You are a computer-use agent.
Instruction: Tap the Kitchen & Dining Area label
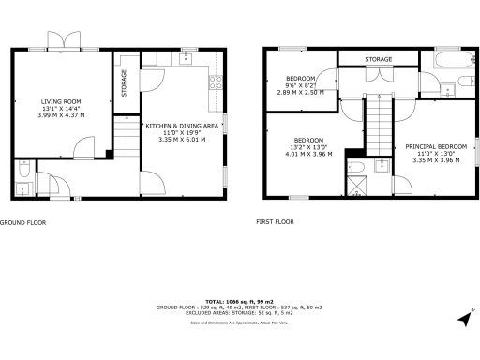(x=182, y=125)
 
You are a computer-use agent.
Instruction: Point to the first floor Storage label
(x=379, y=59)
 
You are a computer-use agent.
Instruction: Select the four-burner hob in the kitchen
(x=215, y=80)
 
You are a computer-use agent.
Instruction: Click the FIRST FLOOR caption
(x=275, y=222)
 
